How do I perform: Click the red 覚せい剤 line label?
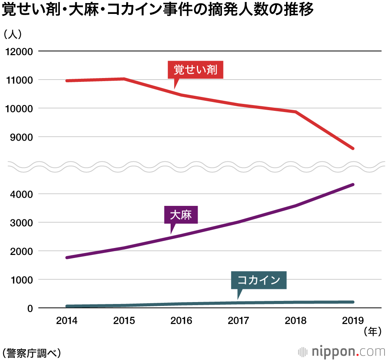[x=195, y=70]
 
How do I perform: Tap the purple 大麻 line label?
[x=181, y=215]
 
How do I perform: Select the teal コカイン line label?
[x=259, y=280]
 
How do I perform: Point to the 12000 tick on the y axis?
[x=19, y=52]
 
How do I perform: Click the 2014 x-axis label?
[x=67, y=321]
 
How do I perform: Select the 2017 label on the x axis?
[x=239, y=321]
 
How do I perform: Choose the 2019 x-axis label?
[x=353, y=321]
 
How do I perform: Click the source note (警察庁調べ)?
[x=31, y=352]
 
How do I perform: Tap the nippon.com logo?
[x=342, y=352]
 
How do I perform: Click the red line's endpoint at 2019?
[x=353, y=148]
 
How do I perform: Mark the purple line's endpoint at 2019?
[x=353, y=185]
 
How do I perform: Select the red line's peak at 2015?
[x=124, y=79]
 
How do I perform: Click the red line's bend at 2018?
[x=295, y=112]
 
